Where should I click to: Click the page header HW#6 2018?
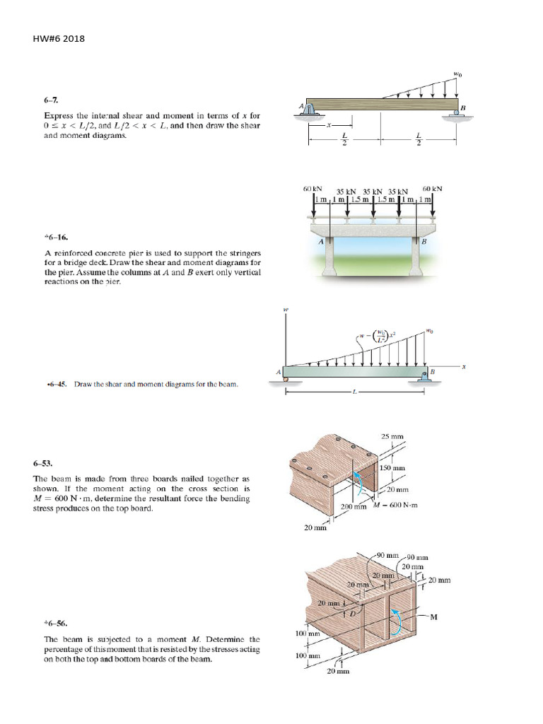(59, 39)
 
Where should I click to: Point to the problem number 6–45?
(55, 385)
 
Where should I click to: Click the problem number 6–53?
(42, 465)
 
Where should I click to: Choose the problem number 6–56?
(55, 624)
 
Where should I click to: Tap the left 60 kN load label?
(313, 189)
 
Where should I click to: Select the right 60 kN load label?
(432, 189)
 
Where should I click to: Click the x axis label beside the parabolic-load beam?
(464, 367)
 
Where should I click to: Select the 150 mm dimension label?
(392, 468)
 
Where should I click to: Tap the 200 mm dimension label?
(354, 507)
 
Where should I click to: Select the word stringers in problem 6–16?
(242, 252)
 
